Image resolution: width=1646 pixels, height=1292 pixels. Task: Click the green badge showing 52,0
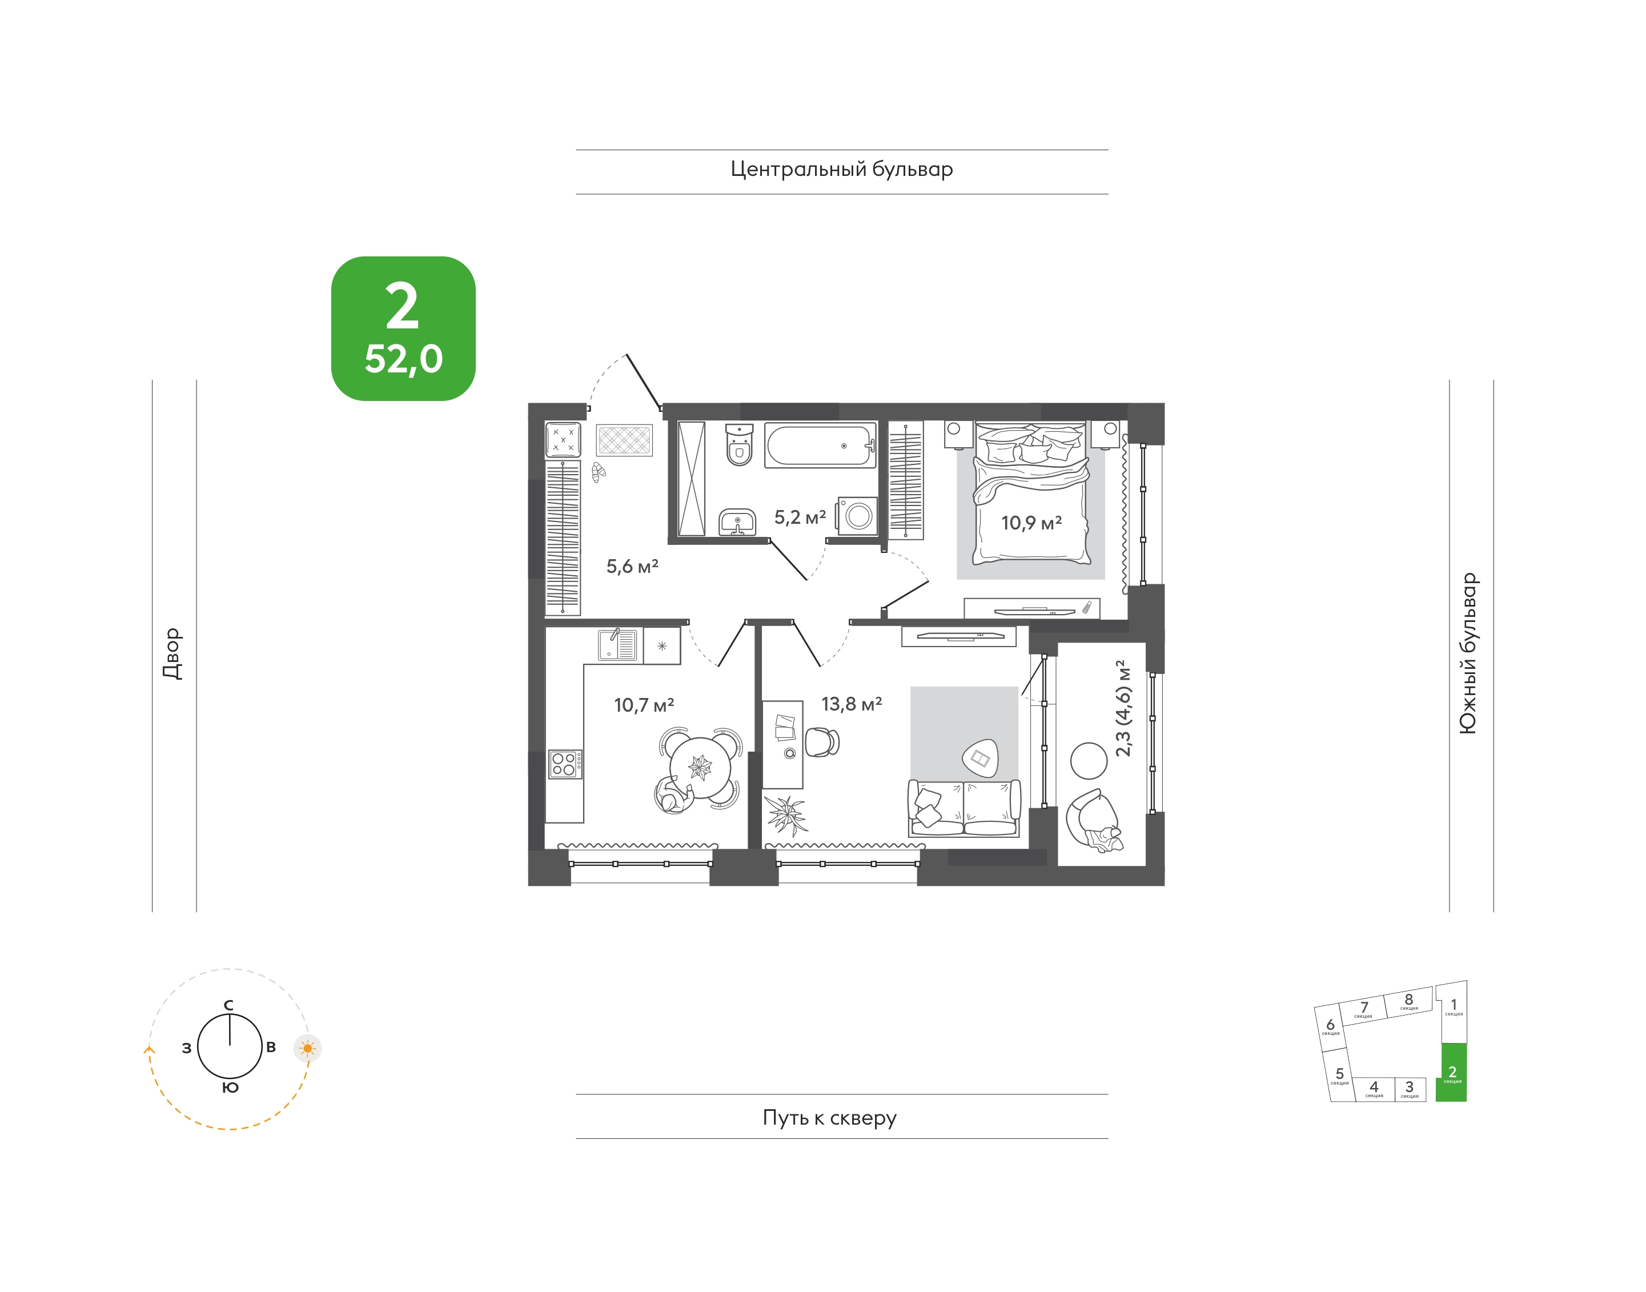coord(403,328)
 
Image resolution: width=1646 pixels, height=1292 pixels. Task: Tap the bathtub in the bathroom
coord(820,446)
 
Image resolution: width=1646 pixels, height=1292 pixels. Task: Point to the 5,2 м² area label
coord(800,517)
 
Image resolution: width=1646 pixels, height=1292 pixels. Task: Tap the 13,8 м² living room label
coord(852,704)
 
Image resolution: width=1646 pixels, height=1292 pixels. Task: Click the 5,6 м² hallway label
coord(632,567)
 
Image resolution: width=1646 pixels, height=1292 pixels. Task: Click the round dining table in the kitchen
coord(700,768)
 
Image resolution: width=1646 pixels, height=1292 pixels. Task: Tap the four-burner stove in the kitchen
coord(565,764)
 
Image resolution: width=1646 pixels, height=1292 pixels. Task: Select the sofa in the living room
coord(963,808)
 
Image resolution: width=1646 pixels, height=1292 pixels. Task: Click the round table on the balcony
coord(1089,761)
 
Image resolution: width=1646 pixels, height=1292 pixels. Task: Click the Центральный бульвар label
coord(841,170)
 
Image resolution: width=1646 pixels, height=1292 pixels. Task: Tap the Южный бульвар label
coord(1467,653)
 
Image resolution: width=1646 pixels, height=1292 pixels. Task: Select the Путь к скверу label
coord(829,1117)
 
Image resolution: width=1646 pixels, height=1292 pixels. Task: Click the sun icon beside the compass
coord(307,1049)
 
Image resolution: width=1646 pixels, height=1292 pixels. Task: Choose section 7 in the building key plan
coord(1363,1010)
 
